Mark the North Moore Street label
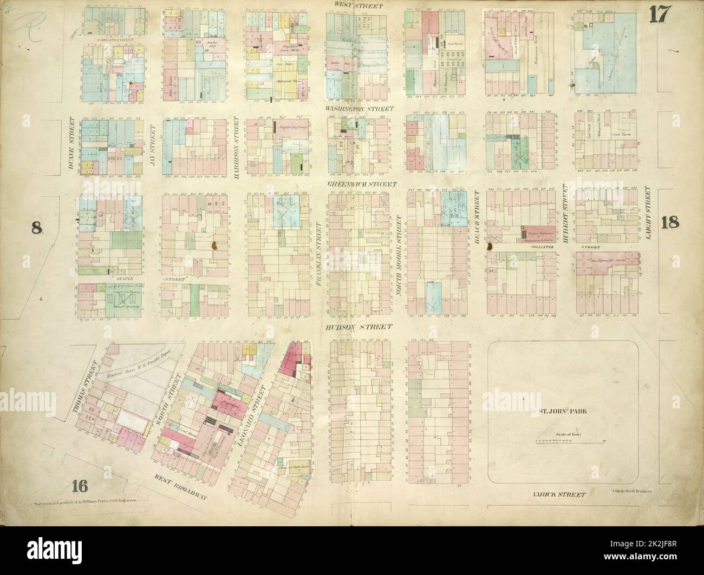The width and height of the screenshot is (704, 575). (x=400, y=254)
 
